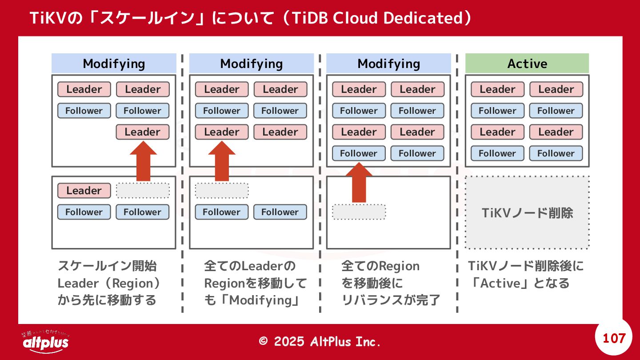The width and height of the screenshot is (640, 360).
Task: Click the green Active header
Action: point(527,64)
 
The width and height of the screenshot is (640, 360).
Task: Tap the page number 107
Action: point(614,338)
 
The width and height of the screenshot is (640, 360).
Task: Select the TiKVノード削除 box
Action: point(527,213)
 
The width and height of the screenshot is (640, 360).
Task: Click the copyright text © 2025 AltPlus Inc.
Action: point(320,341)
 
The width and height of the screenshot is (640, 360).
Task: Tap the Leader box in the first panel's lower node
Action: point(84,191)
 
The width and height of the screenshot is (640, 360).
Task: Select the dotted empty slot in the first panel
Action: point(143,191)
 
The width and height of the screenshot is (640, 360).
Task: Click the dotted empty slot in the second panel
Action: point(221,191)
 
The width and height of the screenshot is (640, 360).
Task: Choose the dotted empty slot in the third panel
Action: point(359,212)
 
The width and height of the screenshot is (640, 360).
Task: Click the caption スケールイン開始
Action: point(107,266)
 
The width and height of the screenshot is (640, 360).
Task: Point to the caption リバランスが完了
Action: point(391,300)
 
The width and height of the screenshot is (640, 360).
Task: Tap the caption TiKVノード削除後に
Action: point(526,266)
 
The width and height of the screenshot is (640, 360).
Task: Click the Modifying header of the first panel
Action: point(114,64)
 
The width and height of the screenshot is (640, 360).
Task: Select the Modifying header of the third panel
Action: point(388,64)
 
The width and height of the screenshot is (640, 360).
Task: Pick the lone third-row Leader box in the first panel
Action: point(143,132)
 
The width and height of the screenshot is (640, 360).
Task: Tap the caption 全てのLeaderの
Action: point(249,266)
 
